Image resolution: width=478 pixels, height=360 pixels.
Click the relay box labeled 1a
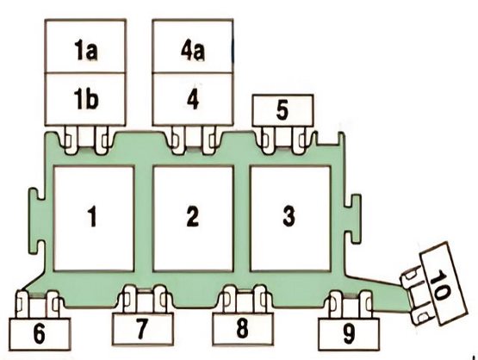point(85,46)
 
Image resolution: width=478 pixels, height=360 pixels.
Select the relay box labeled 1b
point(85,99)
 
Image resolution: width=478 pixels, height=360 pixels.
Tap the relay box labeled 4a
point(193,46)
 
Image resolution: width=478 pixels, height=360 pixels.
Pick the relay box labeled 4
point(193,99)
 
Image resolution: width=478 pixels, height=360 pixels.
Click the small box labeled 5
point(282,110)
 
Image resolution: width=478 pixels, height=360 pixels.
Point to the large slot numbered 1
point(94,218)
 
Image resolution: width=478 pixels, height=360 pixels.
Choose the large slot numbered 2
point(193,218)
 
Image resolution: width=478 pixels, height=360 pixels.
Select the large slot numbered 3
point(290,218)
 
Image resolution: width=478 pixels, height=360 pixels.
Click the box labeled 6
point(40,334)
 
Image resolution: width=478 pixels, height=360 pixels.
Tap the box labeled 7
point(143,329)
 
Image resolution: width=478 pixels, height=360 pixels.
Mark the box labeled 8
point(243,329)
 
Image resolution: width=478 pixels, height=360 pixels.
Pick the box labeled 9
point(349,334)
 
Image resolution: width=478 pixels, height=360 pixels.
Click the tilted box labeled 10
point(444,283)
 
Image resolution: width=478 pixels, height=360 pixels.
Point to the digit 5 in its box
point(282,110)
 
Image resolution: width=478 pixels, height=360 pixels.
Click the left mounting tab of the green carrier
point(36,221)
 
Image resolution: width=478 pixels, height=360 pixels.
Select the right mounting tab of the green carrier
point(353,219)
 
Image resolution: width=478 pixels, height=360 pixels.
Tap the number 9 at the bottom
point(349,335)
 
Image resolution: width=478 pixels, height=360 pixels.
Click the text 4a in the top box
point(193,51)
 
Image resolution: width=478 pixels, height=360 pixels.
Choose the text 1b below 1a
point(86,99)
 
